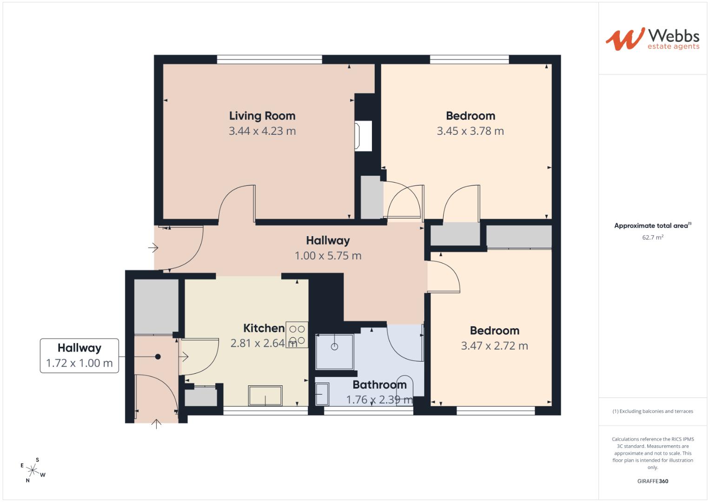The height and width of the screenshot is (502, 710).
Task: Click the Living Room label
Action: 262,116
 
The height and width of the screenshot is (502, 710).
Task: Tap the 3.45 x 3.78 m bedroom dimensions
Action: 471,131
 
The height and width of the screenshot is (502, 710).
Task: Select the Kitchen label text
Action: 264,328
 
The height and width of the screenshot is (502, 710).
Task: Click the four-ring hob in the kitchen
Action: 297,335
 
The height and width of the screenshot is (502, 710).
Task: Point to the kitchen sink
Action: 265,396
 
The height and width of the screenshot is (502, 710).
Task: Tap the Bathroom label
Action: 379,385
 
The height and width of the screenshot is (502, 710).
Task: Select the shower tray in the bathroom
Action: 335,351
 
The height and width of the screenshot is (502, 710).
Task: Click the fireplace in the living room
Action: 363,136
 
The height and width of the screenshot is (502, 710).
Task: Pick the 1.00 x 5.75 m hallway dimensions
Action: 328,256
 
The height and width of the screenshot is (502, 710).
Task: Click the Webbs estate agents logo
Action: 653,40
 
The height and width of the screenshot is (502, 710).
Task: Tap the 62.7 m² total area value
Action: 653,238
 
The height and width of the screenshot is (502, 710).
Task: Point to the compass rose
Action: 33,470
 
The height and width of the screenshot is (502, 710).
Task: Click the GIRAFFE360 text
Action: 653,481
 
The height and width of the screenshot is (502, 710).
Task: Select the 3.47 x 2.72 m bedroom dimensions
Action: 494,346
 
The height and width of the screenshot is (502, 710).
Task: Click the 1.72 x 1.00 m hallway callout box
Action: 79,356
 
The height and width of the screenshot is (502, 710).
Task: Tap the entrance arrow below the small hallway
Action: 156,424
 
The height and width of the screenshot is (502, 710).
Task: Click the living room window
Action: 269,59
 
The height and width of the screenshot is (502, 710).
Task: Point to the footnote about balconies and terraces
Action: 653,411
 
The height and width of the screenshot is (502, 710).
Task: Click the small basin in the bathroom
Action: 322,394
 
